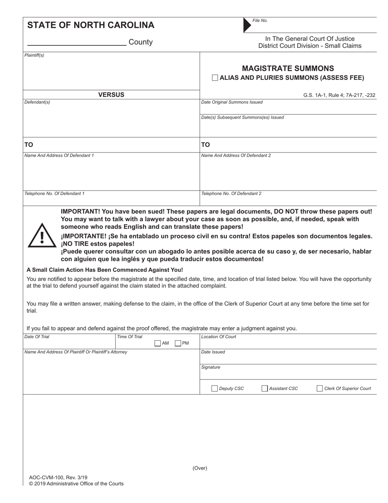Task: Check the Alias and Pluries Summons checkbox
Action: click(215, 78)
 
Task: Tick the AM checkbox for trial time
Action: click(158, 344)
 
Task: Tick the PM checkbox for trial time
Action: click(178, 344)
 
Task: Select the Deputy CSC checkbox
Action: click(214, 388)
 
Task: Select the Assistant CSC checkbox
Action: click(264, 388)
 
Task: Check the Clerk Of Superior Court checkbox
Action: click(319, 388)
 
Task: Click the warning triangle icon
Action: click(42, 236)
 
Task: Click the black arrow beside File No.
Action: click(247, 25)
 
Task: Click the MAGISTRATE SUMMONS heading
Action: click(288, 68)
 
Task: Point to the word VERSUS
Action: click(111, 95)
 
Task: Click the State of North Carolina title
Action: click(91, 25)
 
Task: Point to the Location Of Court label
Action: click(219, 337)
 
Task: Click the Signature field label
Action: click(211, 367)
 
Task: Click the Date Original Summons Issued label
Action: click(232, 102)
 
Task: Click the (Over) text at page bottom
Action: click(200, 468)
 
